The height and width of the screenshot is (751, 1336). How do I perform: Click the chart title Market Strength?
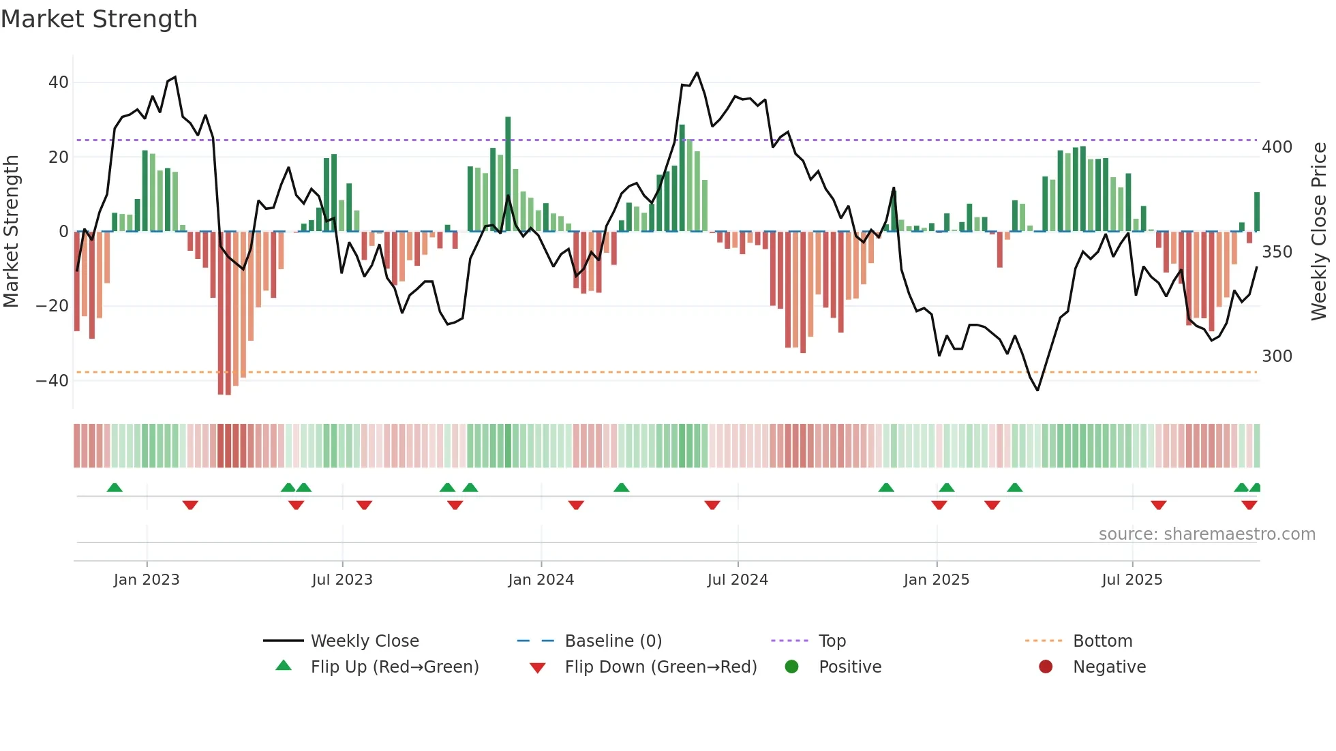click(99, 19)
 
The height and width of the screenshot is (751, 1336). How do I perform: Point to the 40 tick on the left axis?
click(59, 82)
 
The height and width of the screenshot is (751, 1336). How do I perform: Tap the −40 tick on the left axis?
click(52, 381)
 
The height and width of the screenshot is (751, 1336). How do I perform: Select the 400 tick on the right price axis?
click(1277, 147)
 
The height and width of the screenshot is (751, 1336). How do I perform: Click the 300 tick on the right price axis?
click(1277, 356)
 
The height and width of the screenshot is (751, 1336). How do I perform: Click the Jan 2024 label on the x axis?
click(541, 580)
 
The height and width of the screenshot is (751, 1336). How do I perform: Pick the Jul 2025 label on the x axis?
click(1132, 580)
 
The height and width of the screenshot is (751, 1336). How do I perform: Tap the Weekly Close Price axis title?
click(1319, 232)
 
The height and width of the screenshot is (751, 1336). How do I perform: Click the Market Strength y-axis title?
click(12, 232)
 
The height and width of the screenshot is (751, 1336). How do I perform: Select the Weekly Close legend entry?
click(364, 641)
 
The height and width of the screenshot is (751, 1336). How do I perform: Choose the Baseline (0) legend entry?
click(613, 641)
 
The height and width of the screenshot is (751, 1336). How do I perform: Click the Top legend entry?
click(832, 641)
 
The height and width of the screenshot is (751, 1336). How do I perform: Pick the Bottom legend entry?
click(1102, 641)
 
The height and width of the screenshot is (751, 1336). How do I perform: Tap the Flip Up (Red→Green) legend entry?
click(394, 667)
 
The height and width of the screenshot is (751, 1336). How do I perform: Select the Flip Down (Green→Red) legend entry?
click(660, 667)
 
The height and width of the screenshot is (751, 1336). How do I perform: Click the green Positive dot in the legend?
click(791, 666)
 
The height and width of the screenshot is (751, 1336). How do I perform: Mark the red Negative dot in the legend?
click(1046, 666)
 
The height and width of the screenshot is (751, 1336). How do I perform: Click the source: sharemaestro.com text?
click(1206, 534)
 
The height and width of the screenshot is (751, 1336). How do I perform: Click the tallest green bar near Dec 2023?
click(508, 174)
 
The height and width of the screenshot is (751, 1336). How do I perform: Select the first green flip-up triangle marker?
click(115, 488)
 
